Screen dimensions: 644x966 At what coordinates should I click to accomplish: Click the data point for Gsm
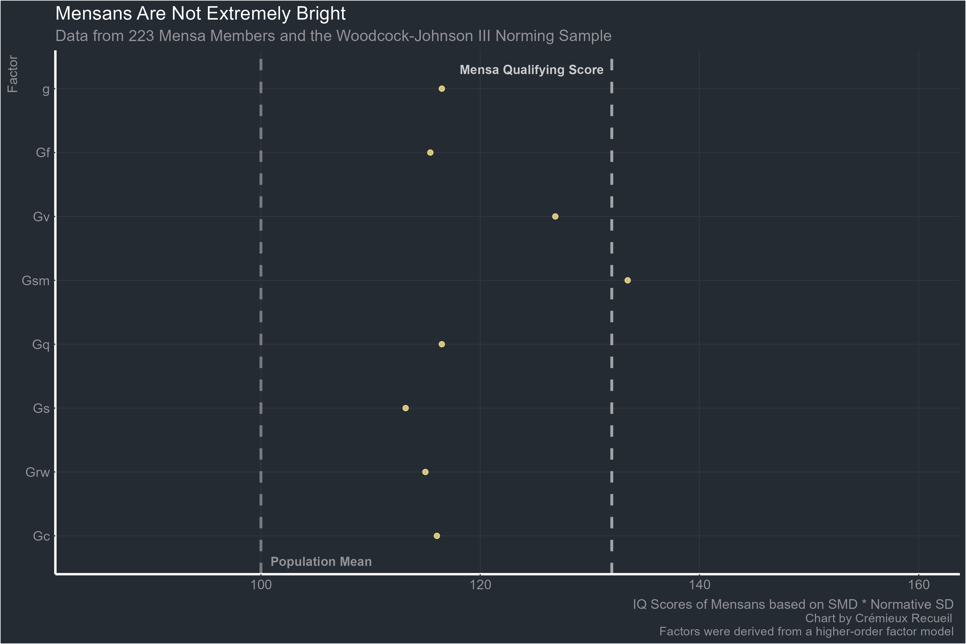[x=628, y=280]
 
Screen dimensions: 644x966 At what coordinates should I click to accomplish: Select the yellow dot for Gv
[x=555, y=217]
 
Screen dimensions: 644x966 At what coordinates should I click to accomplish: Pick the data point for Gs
[x=405, y=408]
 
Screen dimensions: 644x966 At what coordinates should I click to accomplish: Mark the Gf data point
[x=430, y=153]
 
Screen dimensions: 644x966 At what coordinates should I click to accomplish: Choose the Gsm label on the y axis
[x=35, y=281]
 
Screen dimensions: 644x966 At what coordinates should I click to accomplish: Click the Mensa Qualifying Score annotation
[x=532, y=70]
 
